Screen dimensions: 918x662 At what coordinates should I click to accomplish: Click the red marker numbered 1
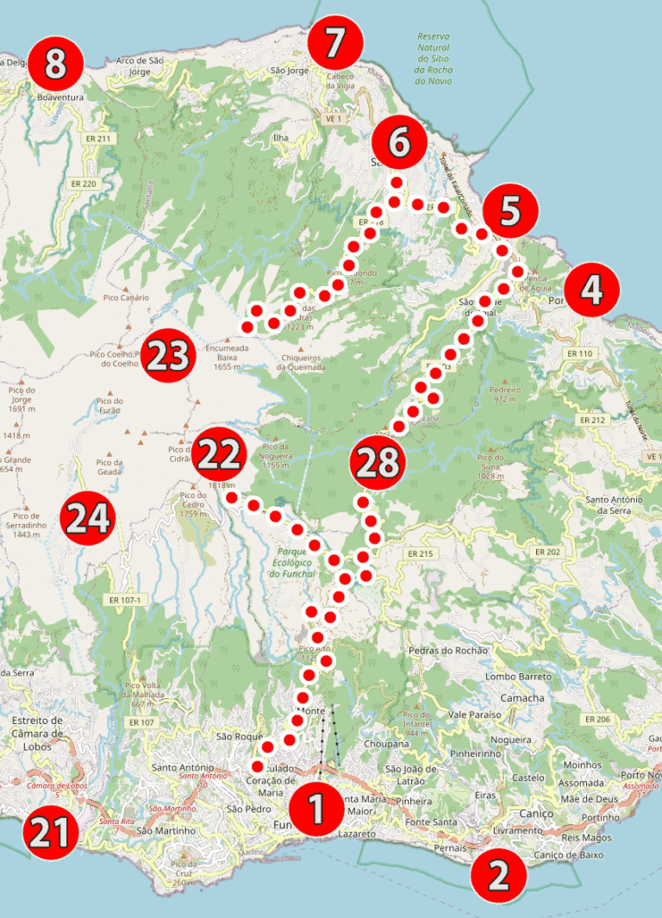coord(316,809)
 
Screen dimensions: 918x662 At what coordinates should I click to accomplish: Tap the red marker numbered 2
coord(498,874)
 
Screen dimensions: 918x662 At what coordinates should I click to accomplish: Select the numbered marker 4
coord(591,290)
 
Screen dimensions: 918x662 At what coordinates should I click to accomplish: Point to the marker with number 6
coord(399,142)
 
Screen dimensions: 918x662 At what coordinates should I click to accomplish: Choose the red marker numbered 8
coord(55,63)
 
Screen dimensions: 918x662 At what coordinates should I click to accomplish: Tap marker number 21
coord(51,834)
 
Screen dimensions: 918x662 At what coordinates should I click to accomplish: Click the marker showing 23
coord(167,354)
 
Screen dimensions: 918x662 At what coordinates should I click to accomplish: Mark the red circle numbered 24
coord(88,518)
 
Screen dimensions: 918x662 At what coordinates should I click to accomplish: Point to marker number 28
coord(377,463)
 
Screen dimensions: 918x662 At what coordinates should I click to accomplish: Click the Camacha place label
coord(521,697)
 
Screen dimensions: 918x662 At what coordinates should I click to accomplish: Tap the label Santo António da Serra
coord(614,505)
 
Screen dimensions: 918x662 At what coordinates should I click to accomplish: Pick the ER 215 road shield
coord(420,553)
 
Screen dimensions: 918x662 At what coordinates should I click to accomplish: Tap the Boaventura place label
coord(60,97)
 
